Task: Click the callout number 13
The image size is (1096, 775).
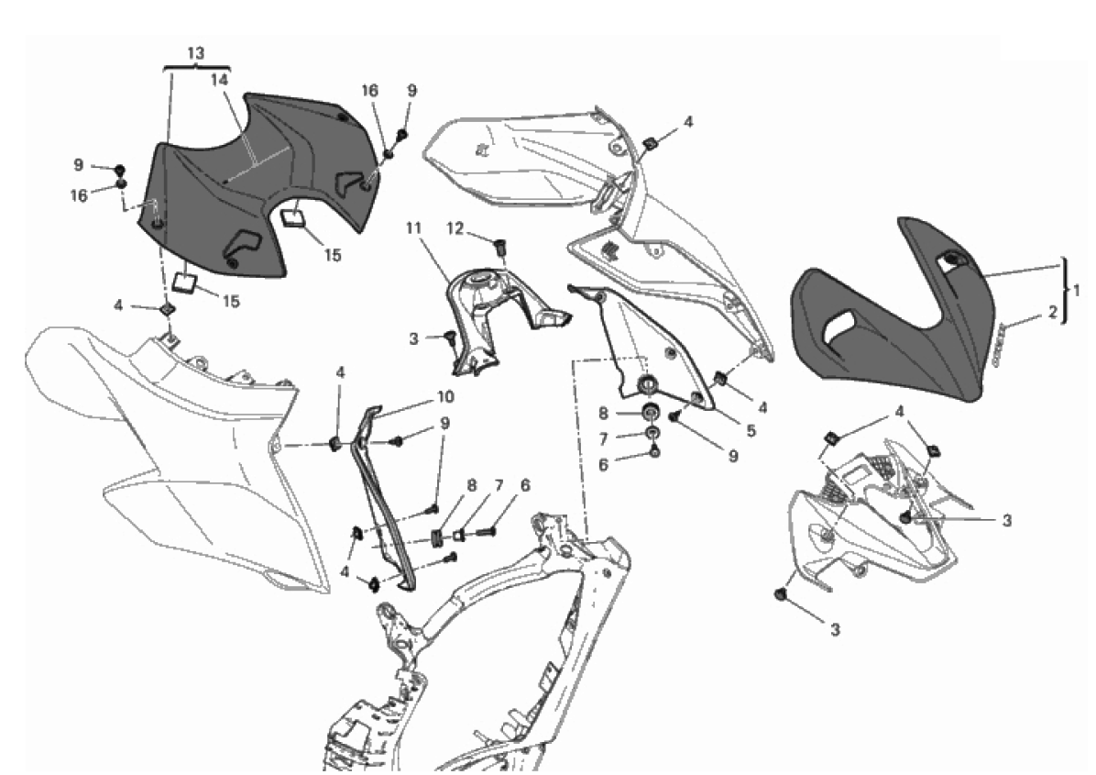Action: (196, 53)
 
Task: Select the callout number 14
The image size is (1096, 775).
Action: (220, 80)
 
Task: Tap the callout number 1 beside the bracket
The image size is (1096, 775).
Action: (1077, 290)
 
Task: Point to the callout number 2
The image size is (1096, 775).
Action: (1053, 314)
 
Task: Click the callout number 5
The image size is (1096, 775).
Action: (751, 431)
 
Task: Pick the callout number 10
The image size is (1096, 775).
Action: (445, 396)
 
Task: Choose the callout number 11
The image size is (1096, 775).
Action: (414, 228)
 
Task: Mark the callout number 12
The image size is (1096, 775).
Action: (455, 228)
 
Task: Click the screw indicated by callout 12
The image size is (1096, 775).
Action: (499, 246)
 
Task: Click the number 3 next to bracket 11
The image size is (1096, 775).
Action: (414, 339)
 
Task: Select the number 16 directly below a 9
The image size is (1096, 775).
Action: (79, 196)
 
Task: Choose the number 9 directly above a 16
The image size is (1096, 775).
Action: (78, 165)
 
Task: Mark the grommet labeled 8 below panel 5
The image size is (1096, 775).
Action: (650, 410)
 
